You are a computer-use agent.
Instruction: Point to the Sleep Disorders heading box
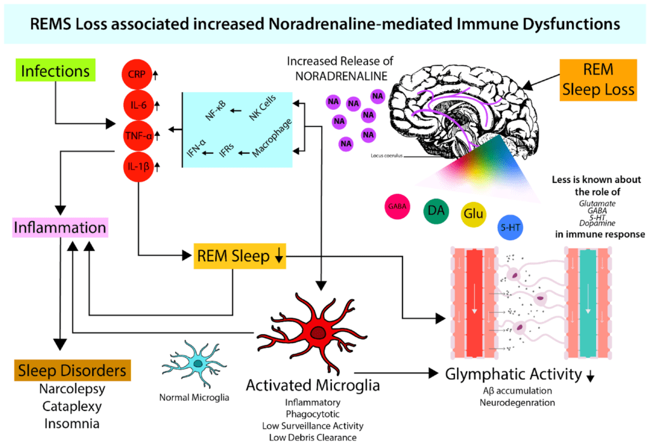(70, 371)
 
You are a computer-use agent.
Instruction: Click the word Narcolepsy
(72, 389)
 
